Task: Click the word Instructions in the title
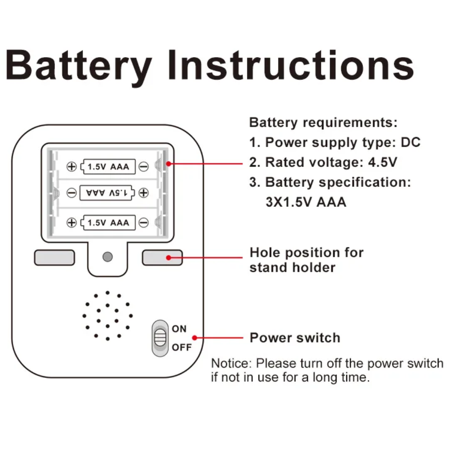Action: [291, 65]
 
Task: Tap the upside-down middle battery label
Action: [107, 192]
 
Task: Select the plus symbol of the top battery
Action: [72, 167]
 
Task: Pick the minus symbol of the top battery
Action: [144, 167]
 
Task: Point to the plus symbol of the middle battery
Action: [144, 192]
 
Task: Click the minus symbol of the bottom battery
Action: [144, 222]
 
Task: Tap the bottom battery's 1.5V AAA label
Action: [108, 222]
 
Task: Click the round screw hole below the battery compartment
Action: [108, 257]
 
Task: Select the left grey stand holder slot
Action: [54, 258]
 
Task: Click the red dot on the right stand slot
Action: [169, 258]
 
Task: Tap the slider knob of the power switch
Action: [160, 338]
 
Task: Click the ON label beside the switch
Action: [179, 329]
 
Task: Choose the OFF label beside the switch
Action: [181, 347]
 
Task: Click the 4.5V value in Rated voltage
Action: [383, 163]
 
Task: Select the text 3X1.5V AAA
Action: [306, 202]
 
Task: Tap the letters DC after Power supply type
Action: [411, 142]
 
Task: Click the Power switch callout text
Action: [295, 338]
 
